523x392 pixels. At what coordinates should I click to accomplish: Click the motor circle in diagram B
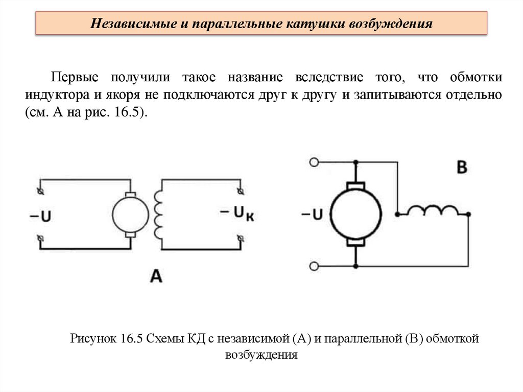[x=356, y=214]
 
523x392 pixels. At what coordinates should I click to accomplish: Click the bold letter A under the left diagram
[x=156, y=276]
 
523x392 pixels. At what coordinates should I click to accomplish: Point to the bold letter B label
[x=461, y=168]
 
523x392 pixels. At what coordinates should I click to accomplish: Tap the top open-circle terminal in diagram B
[x=315, y=163]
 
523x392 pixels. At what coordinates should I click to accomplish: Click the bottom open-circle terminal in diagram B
[x=315, y=266]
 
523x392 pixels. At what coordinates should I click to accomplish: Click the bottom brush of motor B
[x=356, y=241]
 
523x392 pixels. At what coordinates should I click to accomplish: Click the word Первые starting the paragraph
[x=71, y=78]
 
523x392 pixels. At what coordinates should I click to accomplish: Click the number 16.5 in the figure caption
[x=131, y=338]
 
